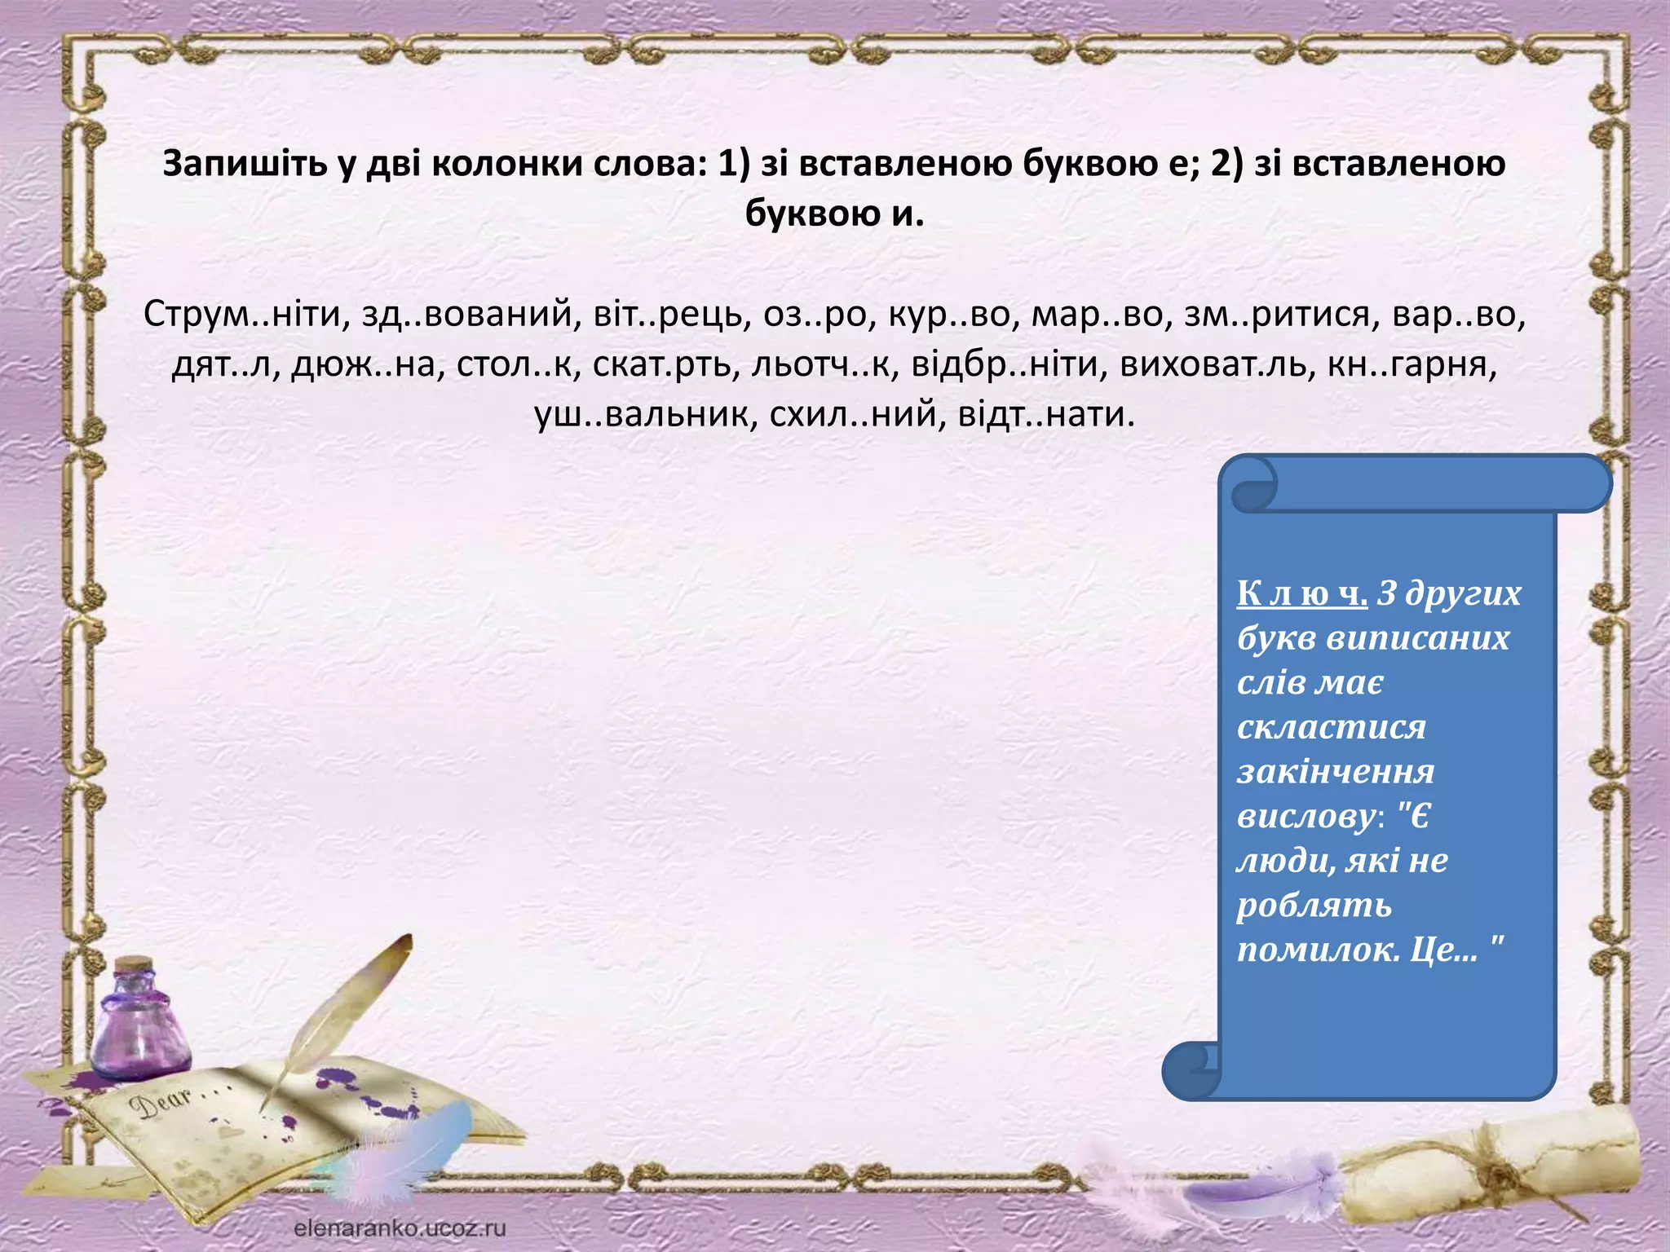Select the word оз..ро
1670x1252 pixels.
(817, 315)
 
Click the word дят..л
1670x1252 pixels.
(220, 364)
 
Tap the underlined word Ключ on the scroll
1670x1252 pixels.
(1301, 593)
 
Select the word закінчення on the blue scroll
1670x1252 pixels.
(1335, 772)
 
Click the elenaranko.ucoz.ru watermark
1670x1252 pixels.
(400, 1228)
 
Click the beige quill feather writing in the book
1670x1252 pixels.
(342, 1019)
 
